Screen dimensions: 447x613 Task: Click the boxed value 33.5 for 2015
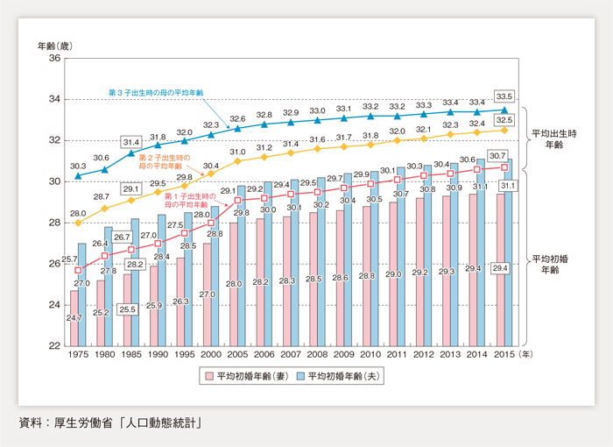504,96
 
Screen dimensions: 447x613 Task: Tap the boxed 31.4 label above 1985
131,142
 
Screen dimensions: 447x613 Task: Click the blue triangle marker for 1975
78,175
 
